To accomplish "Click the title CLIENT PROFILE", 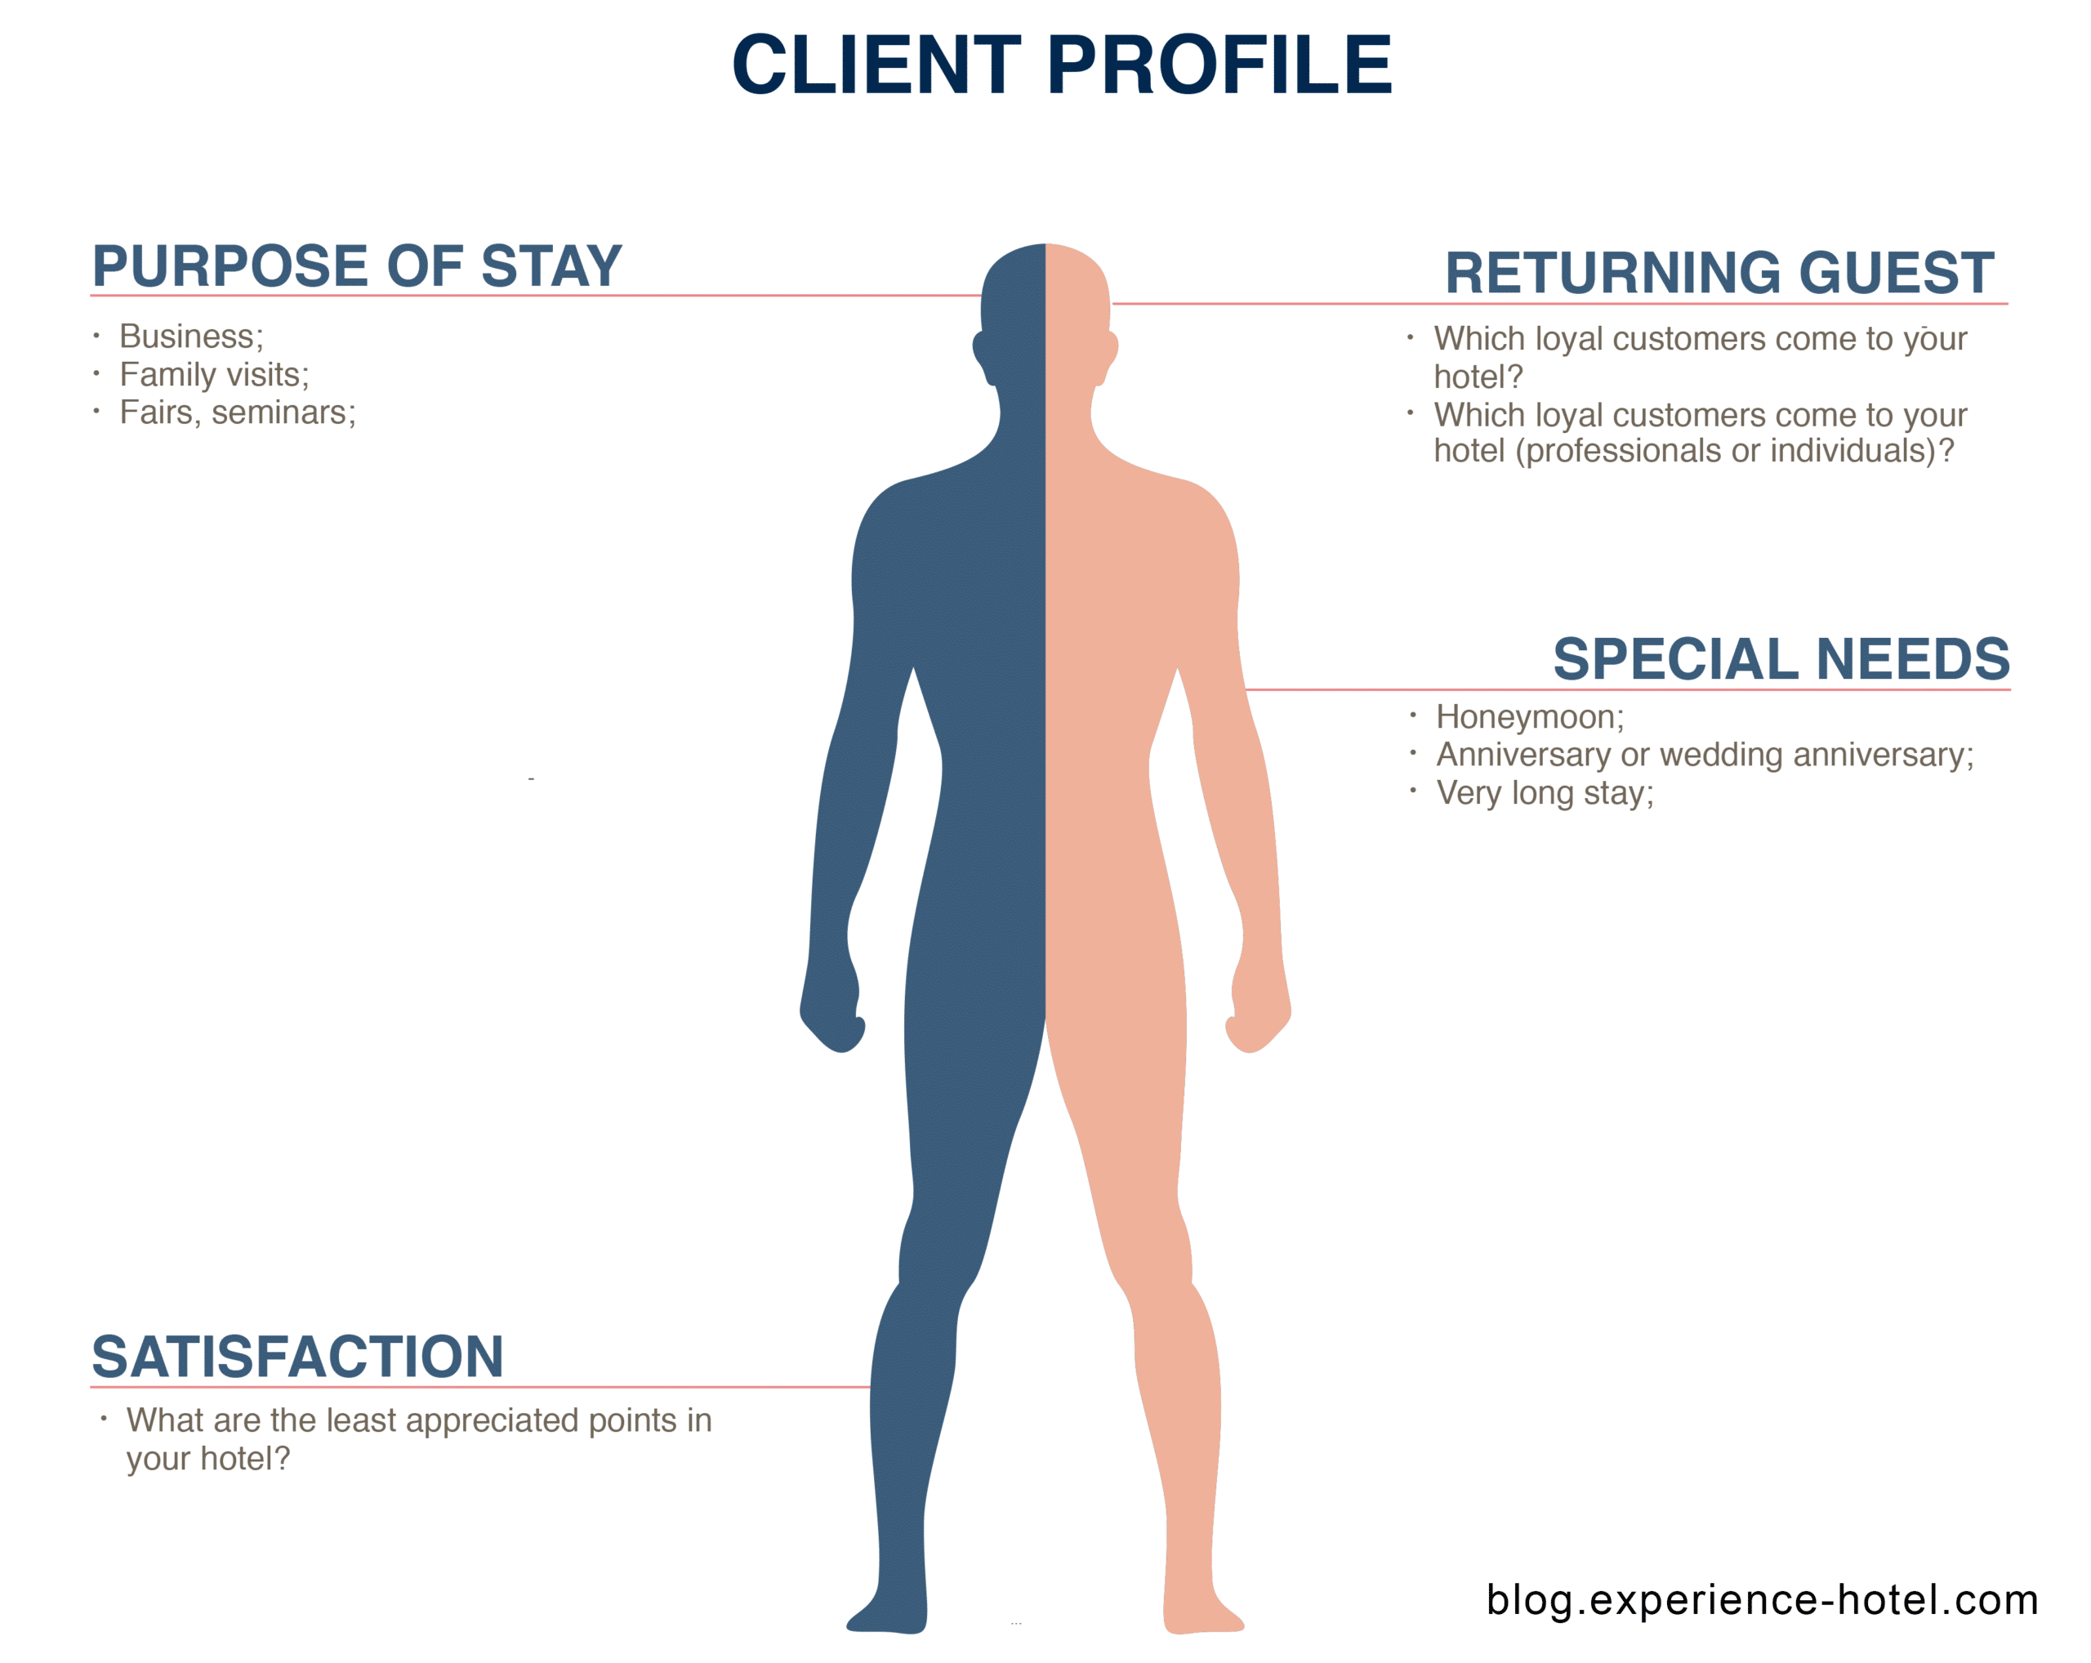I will click(x=1062, y=65).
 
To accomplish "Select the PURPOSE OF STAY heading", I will click(x=357, y=266).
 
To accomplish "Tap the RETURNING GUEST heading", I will click(x=1719, y=274).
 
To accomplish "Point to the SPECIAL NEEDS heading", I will click(x=1781, y=660).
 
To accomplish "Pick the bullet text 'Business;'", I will click(x=191, y=337).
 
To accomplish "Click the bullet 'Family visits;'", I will click(x=214, y=374).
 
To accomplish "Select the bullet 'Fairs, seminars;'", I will click(x=238, y=413).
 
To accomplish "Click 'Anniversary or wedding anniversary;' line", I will click(x=1705, y=755).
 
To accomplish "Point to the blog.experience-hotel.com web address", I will click(x=1762, y=1600).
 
